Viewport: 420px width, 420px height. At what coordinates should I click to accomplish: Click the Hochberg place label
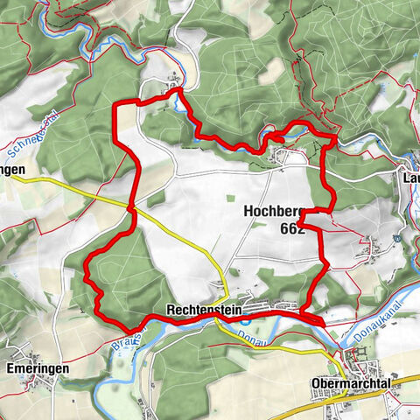[x=272, y=212]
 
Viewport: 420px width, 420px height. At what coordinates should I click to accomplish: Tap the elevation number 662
[x=292, y=228]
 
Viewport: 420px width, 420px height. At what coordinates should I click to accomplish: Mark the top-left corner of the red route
[x=118, y=106]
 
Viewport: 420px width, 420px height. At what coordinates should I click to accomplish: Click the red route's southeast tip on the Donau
[x=324, y=323]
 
